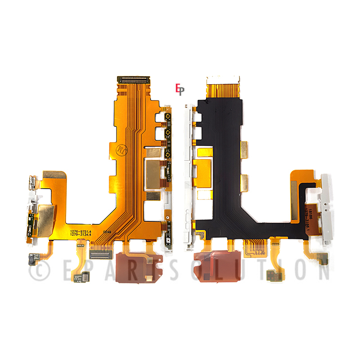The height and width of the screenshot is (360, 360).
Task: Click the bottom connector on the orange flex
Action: click(x=101, y=254)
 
